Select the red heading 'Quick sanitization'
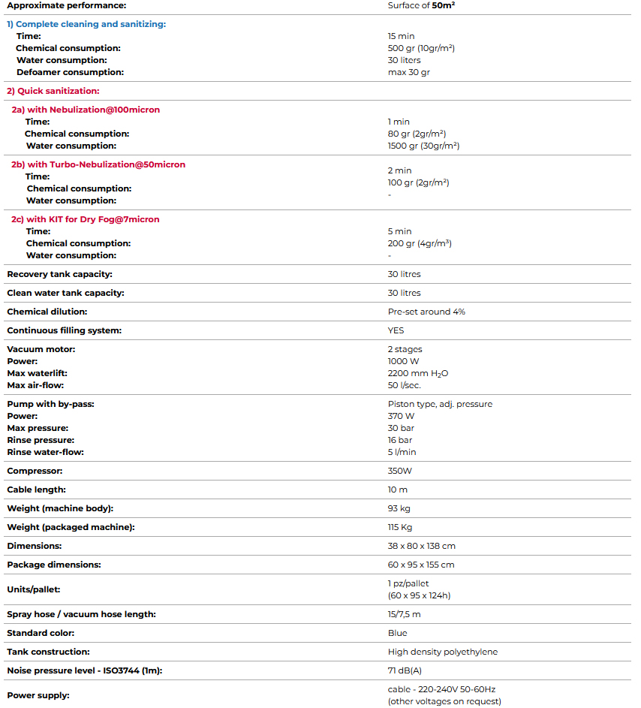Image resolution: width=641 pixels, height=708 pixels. click(x=53, y=91)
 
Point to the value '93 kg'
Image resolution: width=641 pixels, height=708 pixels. click(x=399, y=508)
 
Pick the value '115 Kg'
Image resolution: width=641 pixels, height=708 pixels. click(x=400, y=527)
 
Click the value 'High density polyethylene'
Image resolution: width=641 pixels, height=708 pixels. click(x=442, y=652)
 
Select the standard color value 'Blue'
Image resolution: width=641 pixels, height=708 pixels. click(x=397, y=633)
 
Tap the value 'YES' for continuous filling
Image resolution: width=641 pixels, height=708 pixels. click(x=396, y=330)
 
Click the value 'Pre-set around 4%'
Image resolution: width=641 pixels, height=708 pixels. click(x=426, y=312)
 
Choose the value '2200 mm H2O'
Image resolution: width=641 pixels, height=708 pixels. click(x=418, y=373)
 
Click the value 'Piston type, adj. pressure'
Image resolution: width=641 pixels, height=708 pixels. click(x=440, y=404)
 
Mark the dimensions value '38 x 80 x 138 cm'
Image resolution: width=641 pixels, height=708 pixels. click(x=421, y=546)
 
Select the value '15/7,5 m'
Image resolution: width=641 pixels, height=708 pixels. click(x=405, y=614)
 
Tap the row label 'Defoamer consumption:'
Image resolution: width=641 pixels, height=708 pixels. click(x=70, y=72)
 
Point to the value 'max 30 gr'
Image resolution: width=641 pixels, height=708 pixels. click(x=409, y=72)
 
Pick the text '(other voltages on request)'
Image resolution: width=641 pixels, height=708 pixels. click(x=444, y=701)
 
